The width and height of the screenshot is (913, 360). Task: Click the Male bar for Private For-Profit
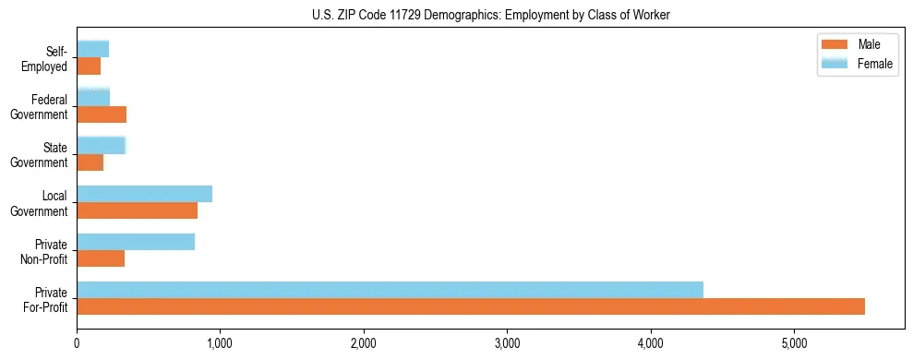point(471,306)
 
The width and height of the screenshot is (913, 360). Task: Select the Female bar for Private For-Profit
point(390,289)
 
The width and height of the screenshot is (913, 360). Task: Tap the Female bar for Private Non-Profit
point(136,242)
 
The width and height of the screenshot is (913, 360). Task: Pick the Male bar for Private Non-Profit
point(101,258)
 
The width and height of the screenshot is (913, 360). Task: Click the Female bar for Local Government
point(144,194)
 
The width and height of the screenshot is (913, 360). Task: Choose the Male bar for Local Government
point(137,210)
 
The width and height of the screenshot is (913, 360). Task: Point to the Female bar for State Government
point(101,145)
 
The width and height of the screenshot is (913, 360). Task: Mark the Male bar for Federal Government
point(102,114)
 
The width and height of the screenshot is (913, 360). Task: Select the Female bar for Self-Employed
point(93,49)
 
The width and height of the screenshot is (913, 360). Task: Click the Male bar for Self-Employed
point(89,66)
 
